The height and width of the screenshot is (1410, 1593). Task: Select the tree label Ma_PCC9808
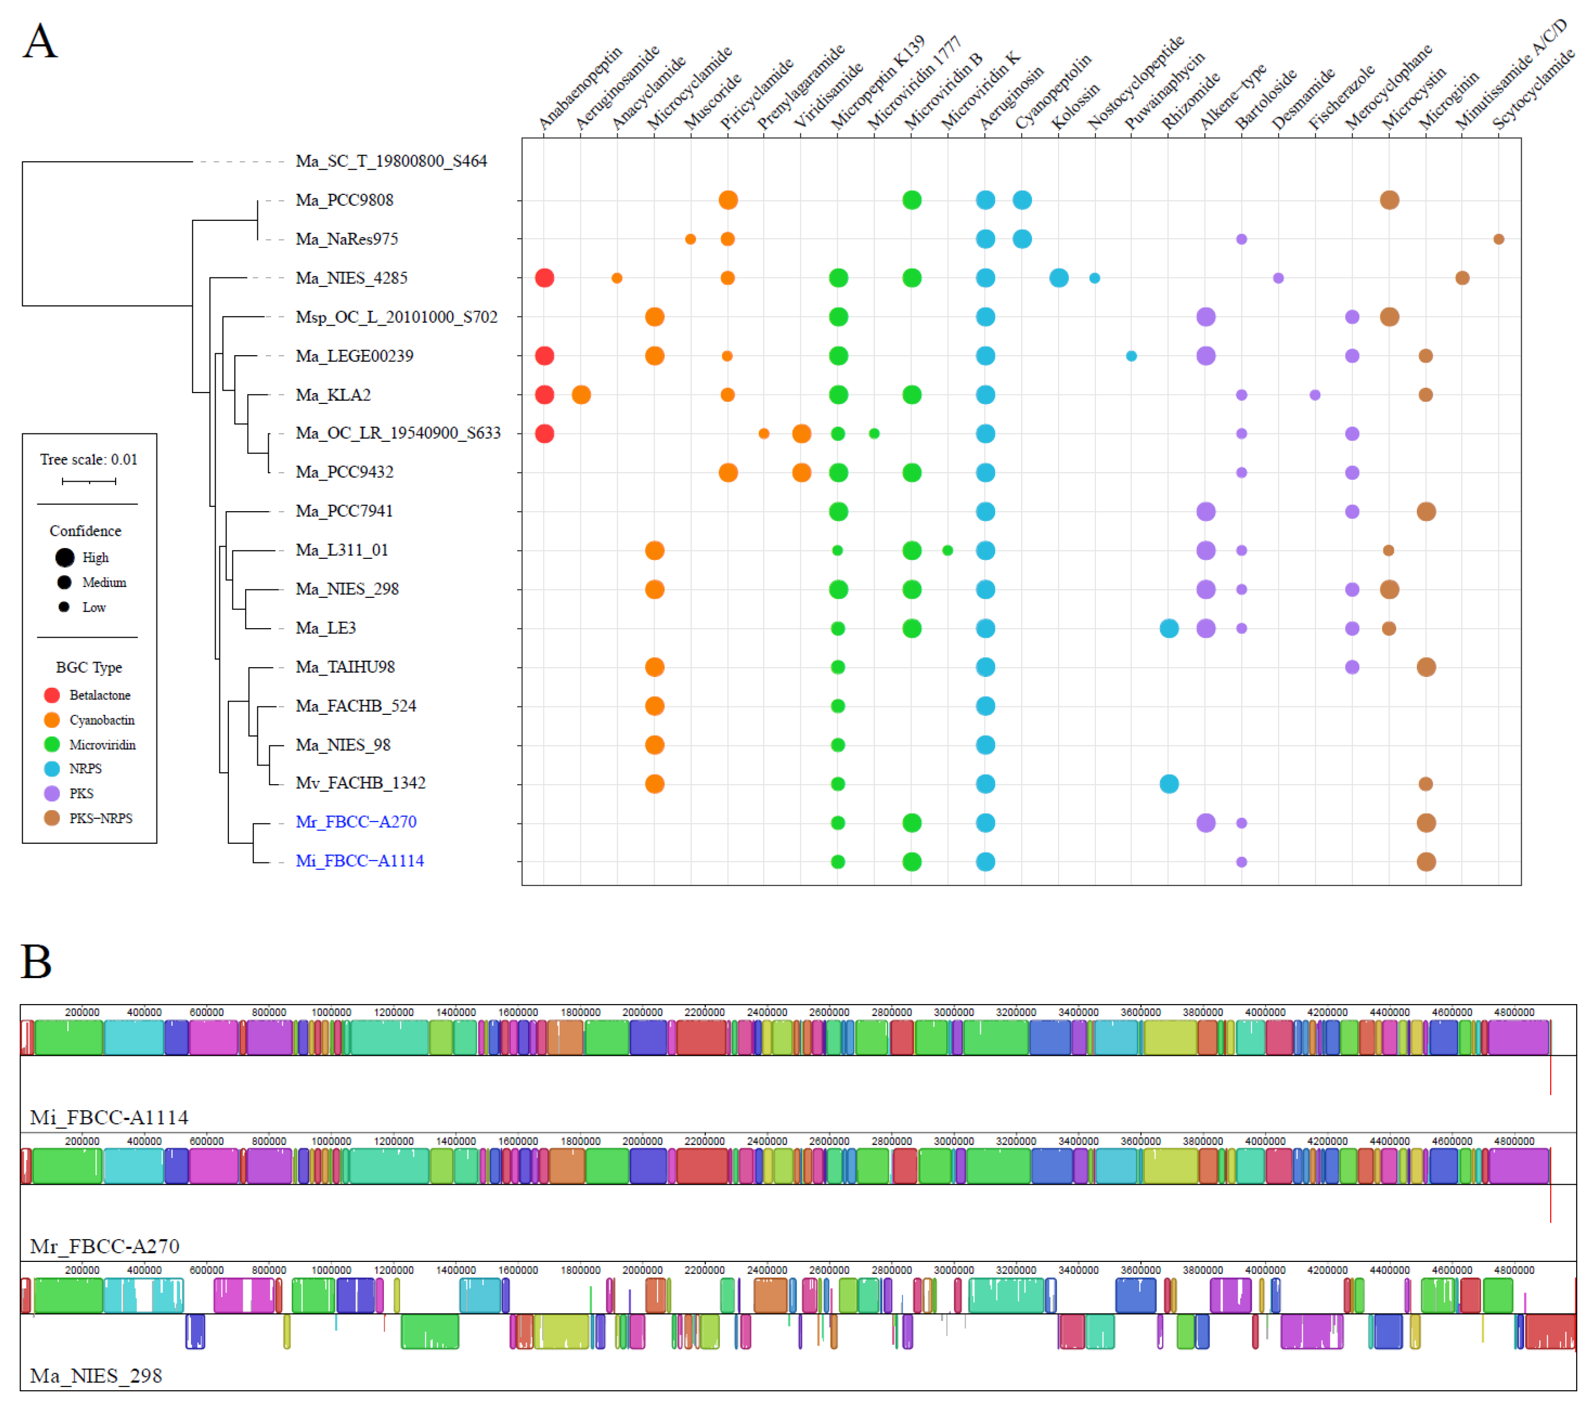click(344, 200)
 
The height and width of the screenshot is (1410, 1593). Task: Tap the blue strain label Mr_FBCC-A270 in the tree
click(356, 822)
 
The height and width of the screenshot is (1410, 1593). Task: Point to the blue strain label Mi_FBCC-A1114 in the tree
click(360, 861)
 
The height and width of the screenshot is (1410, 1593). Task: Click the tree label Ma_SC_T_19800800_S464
click(391, 161)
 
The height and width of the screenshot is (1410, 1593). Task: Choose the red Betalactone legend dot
click(52, 695)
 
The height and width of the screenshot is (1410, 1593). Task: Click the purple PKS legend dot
click(52, 793)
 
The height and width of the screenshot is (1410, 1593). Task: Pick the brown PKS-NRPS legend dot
click(52, 818)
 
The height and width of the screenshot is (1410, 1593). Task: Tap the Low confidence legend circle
click(64, 607)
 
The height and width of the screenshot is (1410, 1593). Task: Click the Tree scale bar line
click(89, 482)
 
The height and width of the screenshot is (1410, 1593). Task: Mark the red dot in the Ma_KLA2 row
click(545, 395)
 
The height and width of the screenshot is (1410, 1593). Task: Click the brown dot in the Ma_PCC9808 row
click(1389, 200)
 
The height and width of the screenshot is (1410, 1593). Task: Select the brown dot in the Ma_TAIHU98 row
click(1426, 667)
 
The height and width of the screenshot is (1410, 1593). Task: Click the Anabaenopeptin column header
click(581, 87)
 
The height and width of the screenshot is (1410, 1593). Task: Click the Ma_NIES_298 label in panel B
click(96, 1376)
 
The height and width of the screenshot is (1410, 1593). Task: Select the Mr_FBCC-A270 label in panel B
click(104, 1246)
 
